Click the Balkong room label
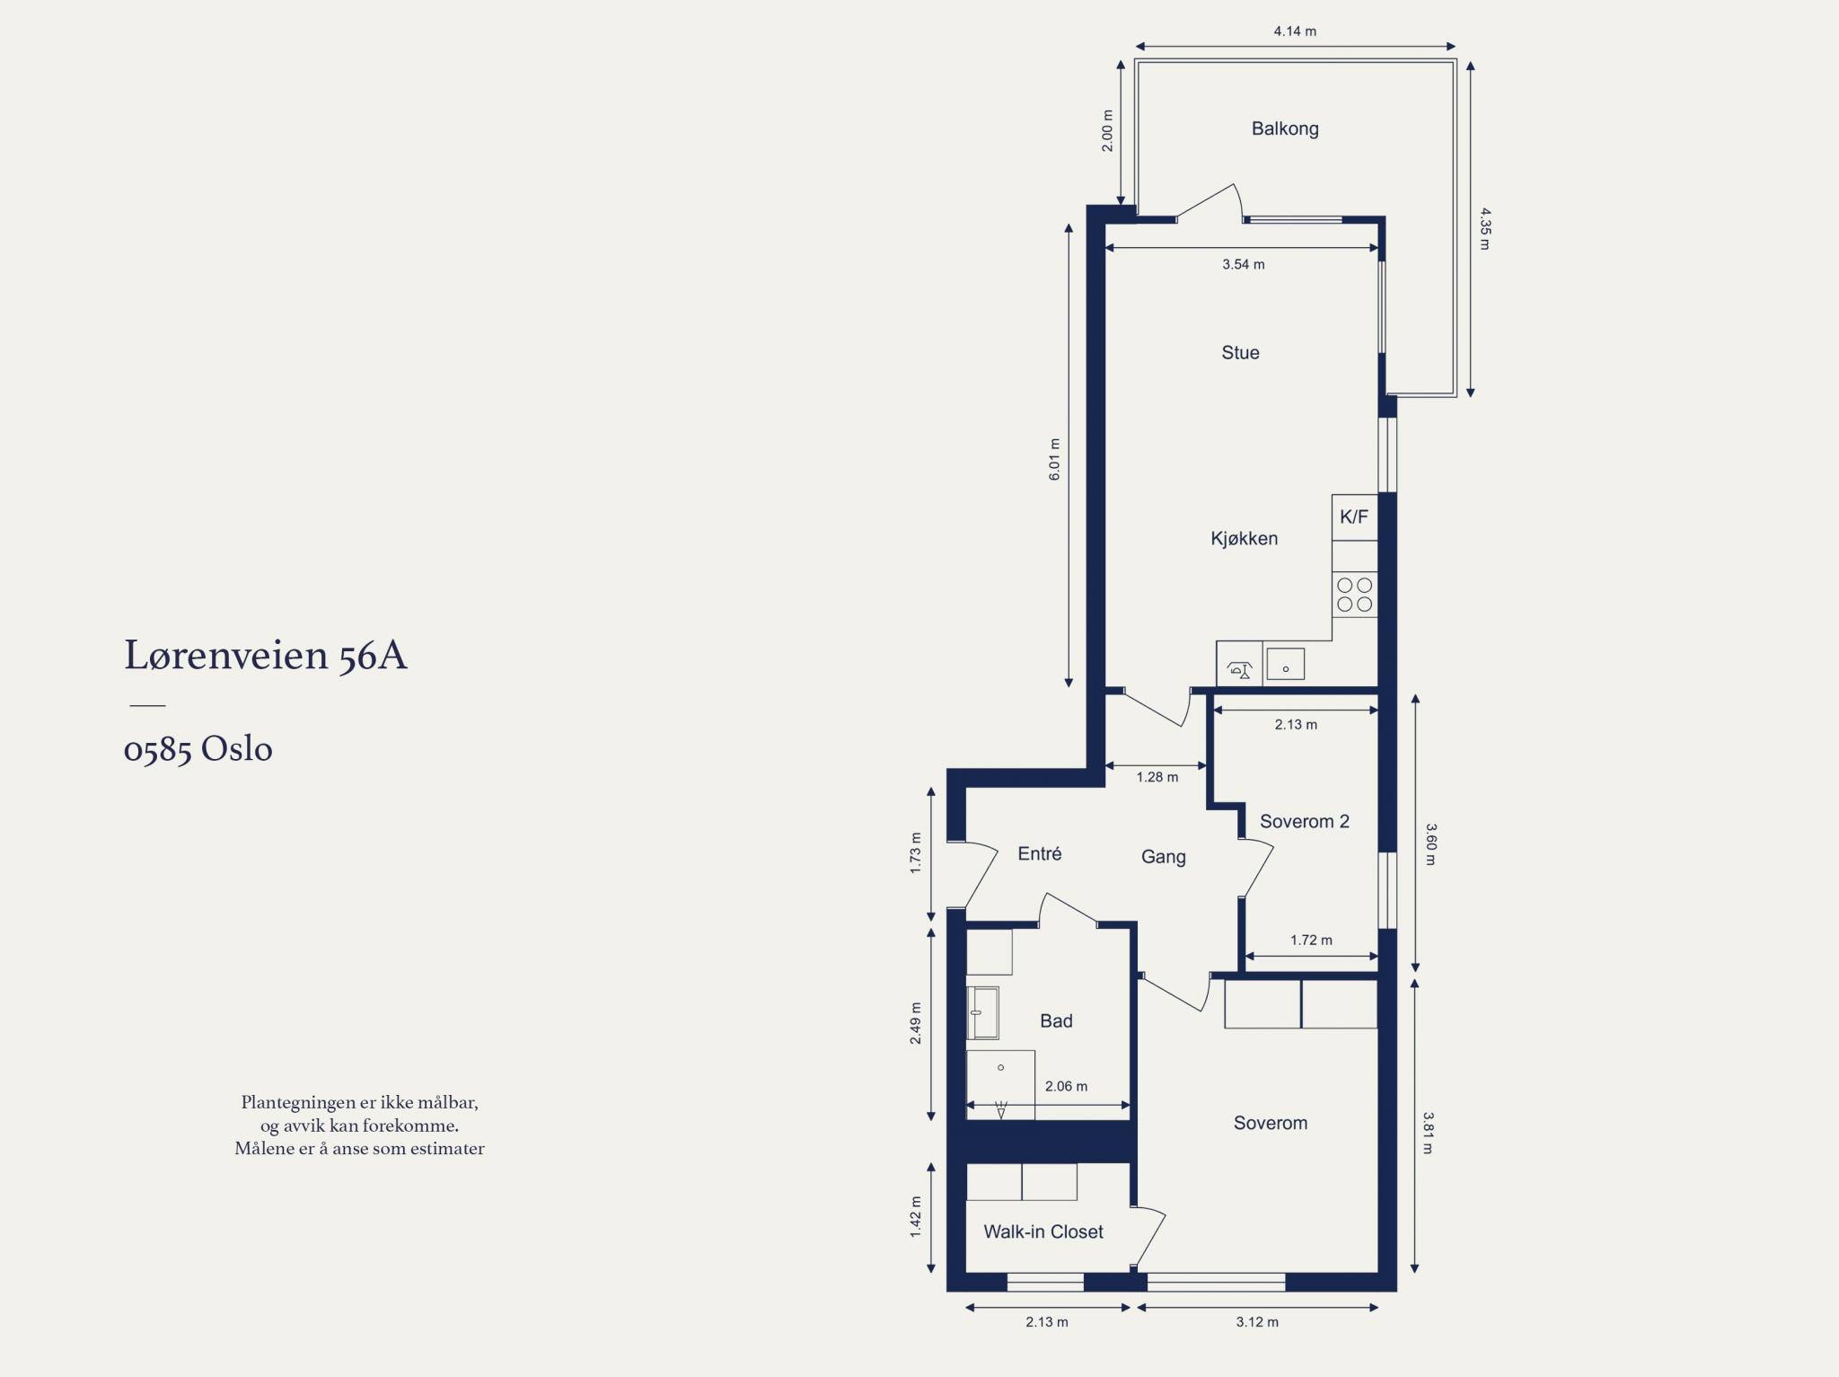point(1285,128)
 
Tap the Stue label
point(1240,353)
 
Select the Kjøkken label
point(1244,539)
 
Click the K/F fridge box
point(1354,517)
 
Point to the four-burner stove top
point(1354,595)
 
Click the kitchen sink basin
point(1286,664)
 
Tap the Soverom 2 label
point(1304,821)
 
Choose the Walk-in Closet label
point(1043,1231)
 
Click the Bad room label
point(1056,1020)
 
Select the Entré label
point(1040,853)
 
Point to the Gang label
point(1164,857)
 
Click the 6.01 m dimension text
point(1055,459)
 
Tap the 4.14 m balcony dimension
point(1295,31)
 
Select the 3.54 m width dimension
point(1244,264)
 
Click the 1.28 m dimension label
point(1157,777)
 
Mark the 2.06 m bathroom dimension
point(1066,1086)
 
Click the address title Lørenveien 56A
point(266,655)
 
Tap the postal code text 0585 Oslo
point(198,749)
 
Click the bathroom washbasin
point(983,1013)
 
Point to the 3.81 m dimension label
point(1428,1133)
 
